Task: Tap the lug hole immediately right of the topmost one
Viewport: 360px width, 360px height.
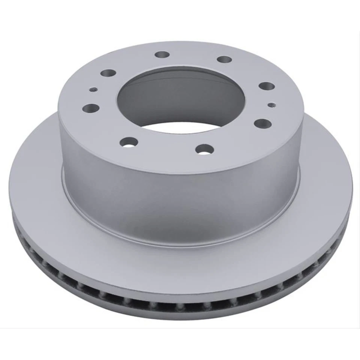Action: (224, 59)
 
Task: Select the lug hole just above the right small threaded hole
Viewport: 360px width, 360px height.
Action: (267, 86)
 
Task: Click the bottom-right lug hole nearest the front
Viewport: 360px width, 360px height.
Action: (205, 149)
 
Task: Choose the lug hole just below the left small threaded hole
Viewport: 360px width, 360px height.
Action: (91, 108)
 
